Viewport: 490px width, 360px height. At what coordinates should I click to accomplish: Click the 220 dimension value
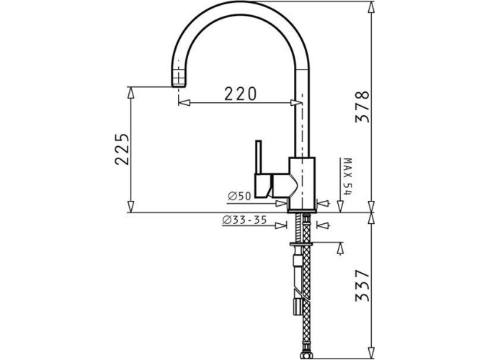(x=240, y=94)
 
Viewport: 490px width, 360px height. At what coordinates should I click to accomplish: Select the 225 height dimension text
(x=122, y=149)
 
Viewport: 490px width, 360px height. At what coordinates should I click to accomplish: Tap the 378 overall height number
(x=362, y=107)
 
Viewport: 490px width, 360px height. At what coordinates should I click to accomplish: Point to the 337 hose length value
(x=362, y=286)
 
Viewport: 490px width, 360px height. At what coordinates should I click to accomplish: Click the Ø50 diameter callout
(x=240, y=196)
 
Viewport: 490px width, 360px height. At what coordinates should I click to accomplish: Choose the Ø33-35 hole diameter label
(x=244, y=220)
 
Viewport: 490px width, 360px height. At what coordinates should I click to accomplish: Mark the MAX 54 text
(x=347, y=176)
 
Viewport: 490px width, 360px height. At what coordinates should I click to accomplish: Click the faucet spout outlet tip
(x=179, y=85)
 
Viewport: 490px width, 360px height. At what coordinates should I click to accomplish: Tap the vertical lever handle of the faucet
(x=259, y=156)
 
